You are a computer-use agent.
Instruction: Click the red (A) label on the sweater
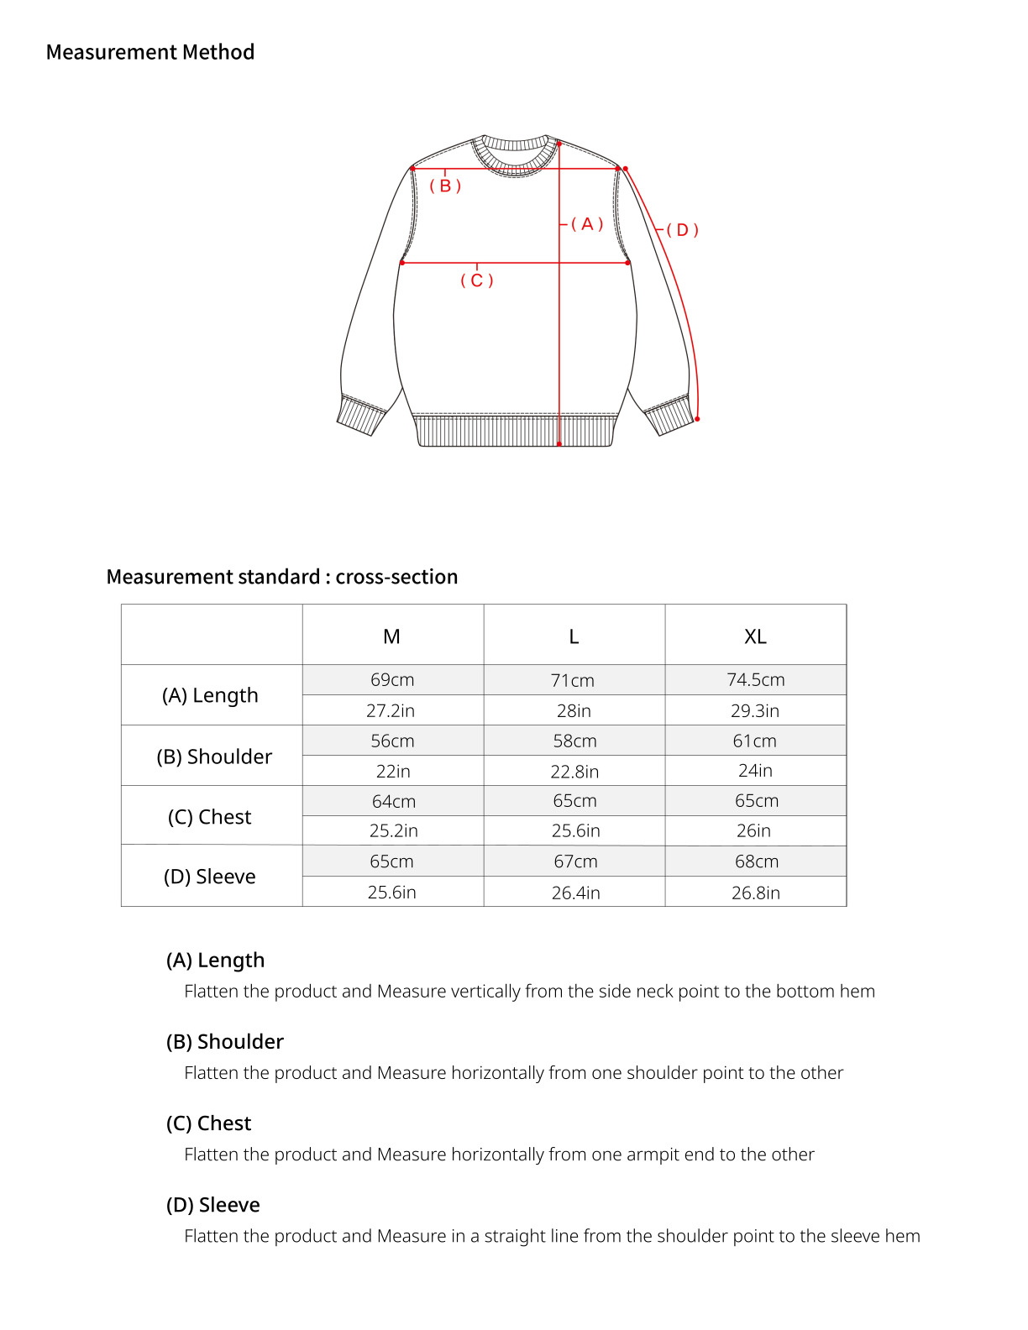pyautogui.click(x=587, y=224)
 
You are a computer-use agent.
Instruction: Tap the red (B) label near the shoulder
pyautogui.click(x=445, y=186)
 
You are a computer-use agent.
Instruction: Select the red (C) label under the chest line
pyautogui.click(x=476, y=280)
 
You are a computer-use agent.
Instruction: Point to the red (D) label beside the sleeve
pyautogui.click(x=682, y=230)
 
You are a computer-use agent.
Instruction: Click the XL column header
pyautogui.click(x=755, y=636)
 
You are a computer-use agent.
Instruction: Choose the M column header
pyautogui.click(x=391, y=636)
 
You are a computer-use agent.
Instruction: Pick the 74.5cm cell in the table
pyautogui.click(x=755, y=680)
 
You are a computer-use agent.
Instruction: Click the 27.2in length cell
pyautogui.click(x=391, y=710)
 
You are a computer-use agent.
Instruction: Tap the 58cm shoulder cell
pyautogui.click(x=574, y=741)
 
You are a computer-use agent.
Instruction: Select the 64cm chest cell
pyautogui.click(x=393, y=801)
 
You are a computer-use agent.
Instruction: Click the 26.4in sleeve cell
pyautogui.click(x=575, y=893)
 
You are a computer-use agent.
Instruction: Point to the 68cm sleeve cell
pyautogui.click(x=756, y=861)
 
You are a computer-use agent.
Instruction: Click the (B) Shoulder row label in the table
pyautogui.click(x=214, y=757)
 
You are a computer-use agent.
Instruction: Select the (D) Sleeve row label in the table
pyautogui.click(x=210, y=877)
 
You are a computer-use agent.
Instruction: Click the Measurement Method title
pyautogui.click(x=150, y=52)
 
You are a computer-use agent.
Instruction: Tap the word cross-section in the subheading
pyautogui.click(x=396, y=577)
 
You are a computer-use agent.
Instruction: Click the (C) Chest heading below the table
pyautogui.click(x=208, y=1123)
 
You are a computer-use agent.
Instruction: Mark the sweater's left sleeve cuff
pyautogui.click(x=361, y=414)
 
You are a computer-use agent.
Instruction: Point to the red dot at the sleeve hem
pyautogui.click(x=698, y=418)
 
